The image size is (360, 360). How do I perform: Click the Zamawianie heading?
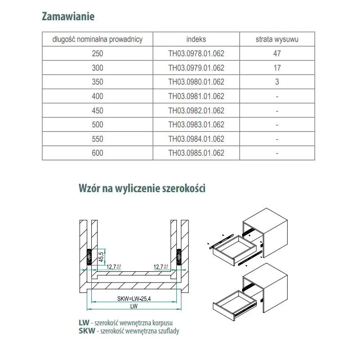68,17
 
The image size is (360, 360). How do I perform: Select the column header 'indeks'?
196,39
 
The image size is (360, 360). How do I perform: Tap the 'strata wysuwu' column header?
277,39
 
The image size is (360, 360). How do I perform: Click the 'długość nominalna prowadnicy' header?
97,39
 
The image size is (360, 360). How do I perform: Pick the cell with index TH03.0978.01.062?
196,54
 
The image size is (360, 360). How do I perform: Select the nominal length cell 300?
97,68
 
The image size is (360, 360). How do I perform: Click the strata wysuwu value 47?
277,54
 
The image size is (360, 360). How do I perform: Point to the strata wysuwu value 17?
277,68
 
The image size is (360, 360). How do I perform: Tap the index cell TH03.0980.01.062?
196,82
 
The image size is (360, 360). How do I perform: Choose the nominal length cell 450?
97,110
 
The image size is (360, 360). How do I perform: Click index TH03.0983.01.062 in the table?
196,125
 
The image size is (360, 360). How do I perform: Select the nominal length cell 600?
97,153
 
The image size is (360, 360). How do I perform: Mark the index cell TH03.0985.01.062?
196,153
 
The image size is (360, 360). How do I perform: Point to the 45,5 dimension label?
102,256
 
